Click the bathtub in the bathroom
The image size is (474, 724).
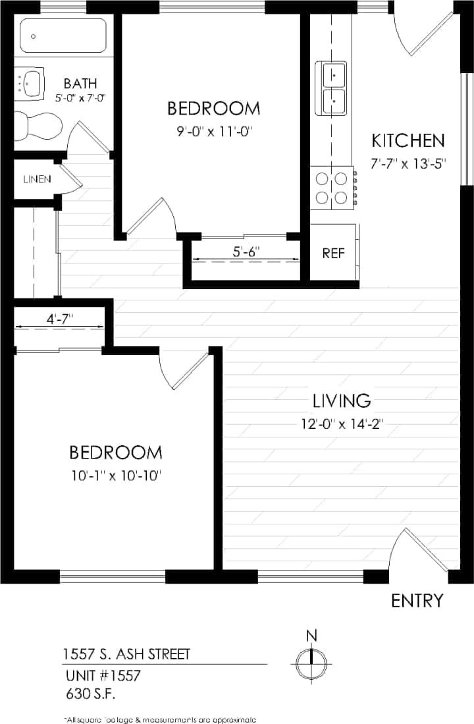63,36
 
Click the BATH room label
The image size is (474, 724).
80,84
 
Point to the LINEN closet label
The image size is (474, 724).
37,179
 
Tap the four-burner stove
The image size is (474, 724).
332,187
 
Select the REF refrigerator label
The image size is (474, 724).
334,254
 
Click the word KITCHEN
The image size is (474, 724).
408,140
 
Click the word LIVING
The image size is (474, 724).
342,400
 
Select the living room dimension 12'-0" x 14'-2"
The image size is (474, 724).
342,424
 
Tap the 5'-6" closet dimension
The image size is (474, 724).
246,251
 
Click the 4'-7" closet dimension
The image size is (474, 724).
59,318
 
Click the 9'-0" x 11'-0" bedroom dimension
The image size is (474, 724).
213,131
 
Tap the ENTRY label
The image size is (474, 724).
417,600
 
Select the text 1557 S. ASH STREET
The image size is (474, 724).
126,654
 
